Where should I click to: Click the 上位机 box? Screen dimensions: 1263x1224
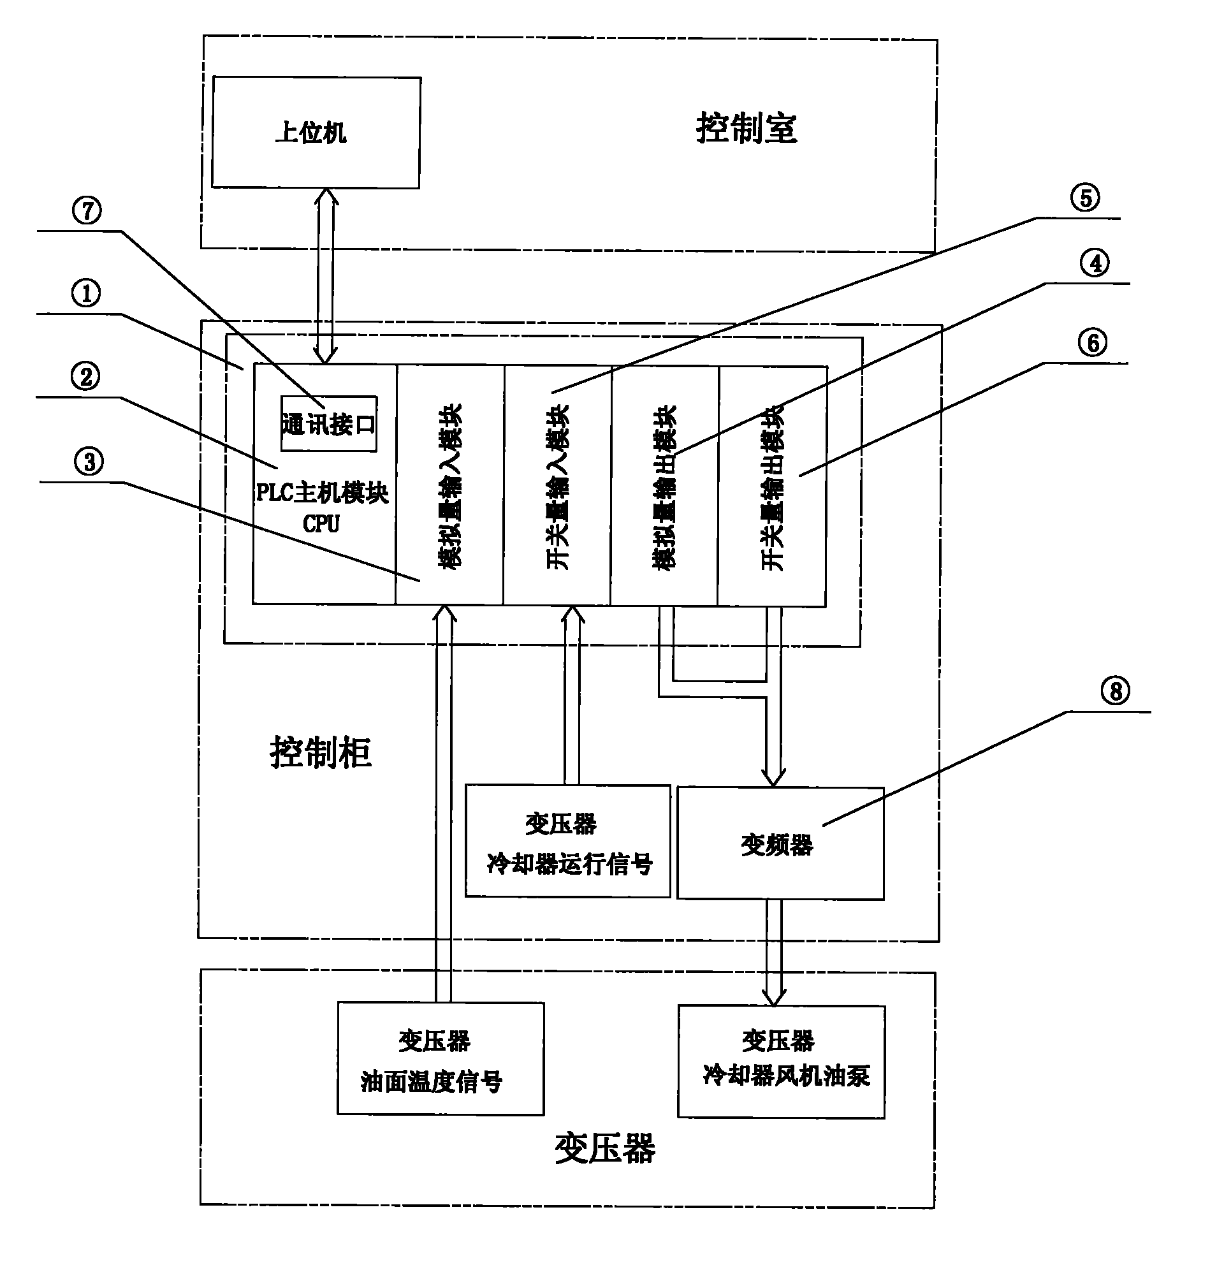[316, 133]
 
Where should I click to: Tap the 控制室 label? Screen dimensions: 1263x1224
[746, 128]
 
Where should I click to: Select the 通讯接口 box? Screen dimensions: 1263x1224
[328, 424]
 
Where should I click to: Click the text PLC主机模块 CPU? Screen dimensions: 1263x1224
[322, 507]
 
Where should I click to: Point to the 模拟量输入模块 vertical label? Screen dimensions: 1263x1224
[449, 486]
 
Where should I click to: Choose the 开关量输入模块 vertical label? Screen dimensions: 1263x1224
[557, 486]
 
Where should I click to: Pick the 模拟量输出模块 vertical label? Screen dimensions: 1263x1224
[664, 486]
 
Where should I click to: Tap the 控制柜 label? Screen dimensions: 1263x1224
[320, 752]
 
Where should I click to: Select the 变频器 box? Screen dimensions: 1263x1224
[780, 843]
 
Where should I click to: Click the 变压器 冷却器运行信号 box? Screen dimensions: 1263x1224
[567, 841]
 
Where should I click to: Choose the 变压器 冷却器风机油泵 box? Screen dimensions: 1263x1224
[782, 1062]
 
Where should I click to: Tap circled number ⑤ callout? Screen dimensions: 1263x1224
[1086, 198]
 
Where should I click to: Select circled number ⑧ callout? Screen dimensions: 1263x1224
[1116, 691]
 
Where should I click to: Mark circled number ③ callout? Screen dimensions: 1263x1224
[89, 462]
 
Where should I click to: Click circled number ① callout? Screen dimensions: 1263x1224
[85, 293]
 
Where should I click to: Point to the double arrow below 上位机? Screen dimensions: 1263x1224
[326, 276]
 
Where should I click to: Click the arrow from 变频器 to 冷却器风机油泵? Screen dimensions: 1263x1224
[774, 952]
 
